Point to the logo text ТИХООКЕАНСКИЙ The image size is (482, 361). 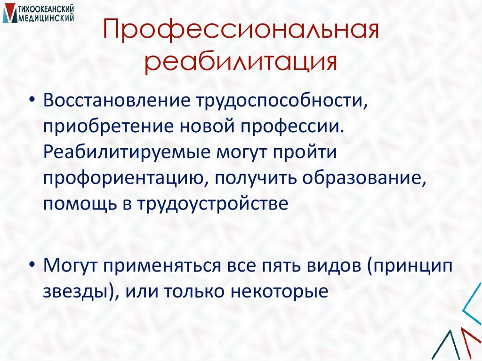(x=48, y=9)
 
